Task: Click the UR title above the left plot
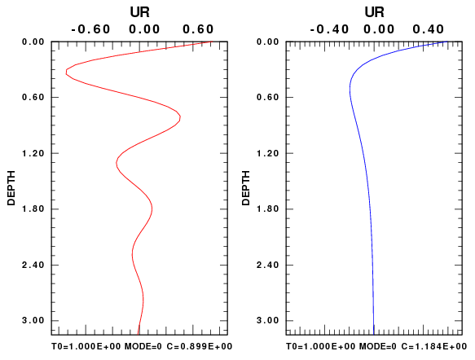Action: (139, 12)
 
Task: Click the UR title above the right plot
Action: (375, 12)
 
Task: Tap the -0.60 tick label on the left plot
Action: (90, 29)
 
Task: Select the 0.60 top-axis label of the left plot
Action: (198, 29)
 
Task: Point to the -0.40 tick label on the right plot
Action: (329, 29)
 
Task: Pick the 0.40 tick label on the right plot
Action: (429, 29)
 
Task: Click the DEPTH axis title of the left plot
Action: (11, 188)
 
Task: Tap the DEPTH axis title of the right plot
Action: (246, 188)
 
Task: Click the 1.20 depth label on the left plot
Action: (33, 153)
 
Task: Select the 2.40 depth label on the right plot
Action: (268, 265)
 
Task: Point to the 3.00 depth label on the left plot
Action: (33, 320)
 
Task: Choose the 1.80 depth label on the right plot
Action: (268, 209)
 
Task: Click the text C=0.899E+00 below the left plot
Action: (200, 346)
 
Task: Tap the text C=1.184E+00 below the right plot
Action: (434, 346)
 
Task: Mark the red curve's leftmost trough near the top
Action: (66, 72)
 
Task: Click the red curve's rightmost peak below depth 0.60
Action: (180, 117)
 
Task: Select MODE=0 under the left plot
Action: (143, 346)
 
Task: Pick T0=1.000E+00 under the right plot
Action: (320, 346)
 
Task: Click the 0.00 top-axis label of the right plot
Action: (379, 29)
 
